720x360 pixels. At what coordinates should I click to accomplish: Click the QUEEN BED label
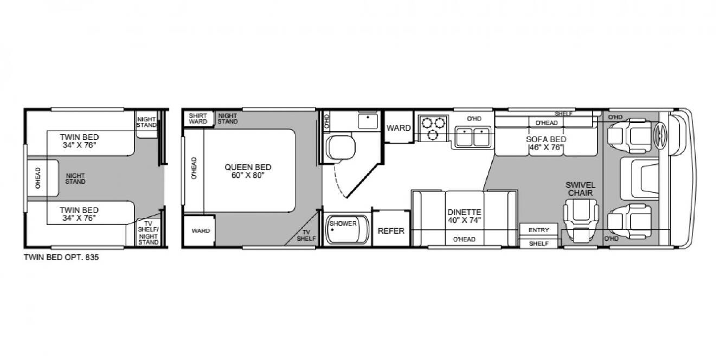(x=248, y=171)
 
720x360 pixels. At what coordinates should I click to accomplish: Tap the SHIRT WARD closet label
(x=198, y=118)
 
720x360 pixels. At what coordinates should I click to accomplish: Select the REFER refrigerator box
(x=391, y=228)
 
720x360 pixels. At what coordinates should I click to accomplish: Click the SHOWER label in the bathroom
(x=343, y=223)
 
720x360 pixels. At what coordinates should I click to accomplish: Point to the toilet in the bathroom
(x=340, y=147)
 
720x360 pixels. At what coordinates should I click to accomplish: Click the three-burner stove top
(x=433, y=128)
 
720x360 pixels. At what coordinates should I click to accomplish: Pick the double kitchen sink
(x=473, y=137)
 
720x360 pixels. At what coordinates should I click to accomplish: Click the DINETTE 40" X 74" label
(x=465, y=216)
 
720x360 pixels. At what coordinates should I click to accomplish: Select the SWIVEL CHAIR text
(x=581, y=189)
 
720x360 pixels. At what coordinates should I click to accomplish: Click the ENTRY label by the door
(x=539, y=230)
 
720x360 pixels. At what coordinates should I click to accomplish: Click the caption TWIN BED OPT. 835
(x=61, y=258)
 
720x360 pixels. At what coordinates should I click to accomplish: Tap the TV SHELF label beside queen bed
(x=306, y=235)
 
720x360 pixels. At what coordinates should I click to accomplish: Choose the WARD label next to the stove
(x=398, y=128)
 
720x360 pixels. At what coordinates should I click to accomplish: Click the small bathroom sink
(x=368, y=121)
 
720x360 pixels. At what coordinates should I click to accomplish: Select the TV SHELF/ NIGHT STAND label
(x=148, y=233)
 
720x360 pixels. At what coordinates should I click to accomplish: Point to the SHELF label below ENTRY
(x=539, y=243)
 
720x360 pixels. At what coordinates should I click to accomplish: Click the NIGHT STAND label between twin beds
(x=75, y=178)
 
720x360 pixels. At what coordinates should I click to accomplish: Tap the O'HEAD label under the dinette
(x=464, y=239)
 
